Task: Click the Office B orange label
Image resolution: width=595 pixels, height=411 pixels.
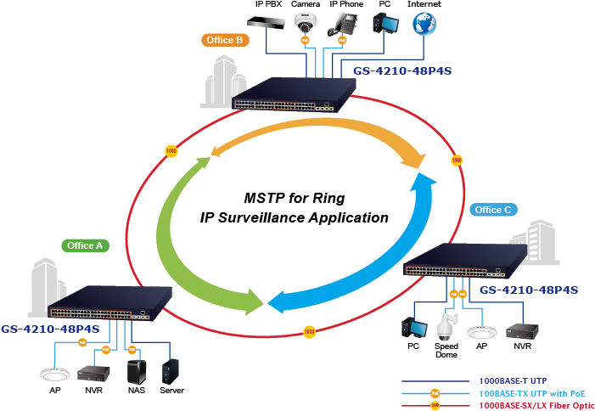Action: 225,40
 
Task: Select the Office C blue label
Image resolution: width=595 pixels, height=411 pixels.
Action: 492,210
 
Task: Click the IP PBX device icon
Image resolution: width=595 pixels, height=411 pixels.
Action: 268,22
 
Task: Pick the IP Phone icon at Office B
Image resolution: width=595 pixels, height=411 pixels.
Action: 345,22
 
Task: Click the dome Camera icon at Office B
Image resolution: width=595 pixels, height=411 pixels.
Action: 306,23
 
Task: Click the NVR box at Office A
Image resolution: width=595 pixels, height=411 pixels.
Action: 92,373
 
